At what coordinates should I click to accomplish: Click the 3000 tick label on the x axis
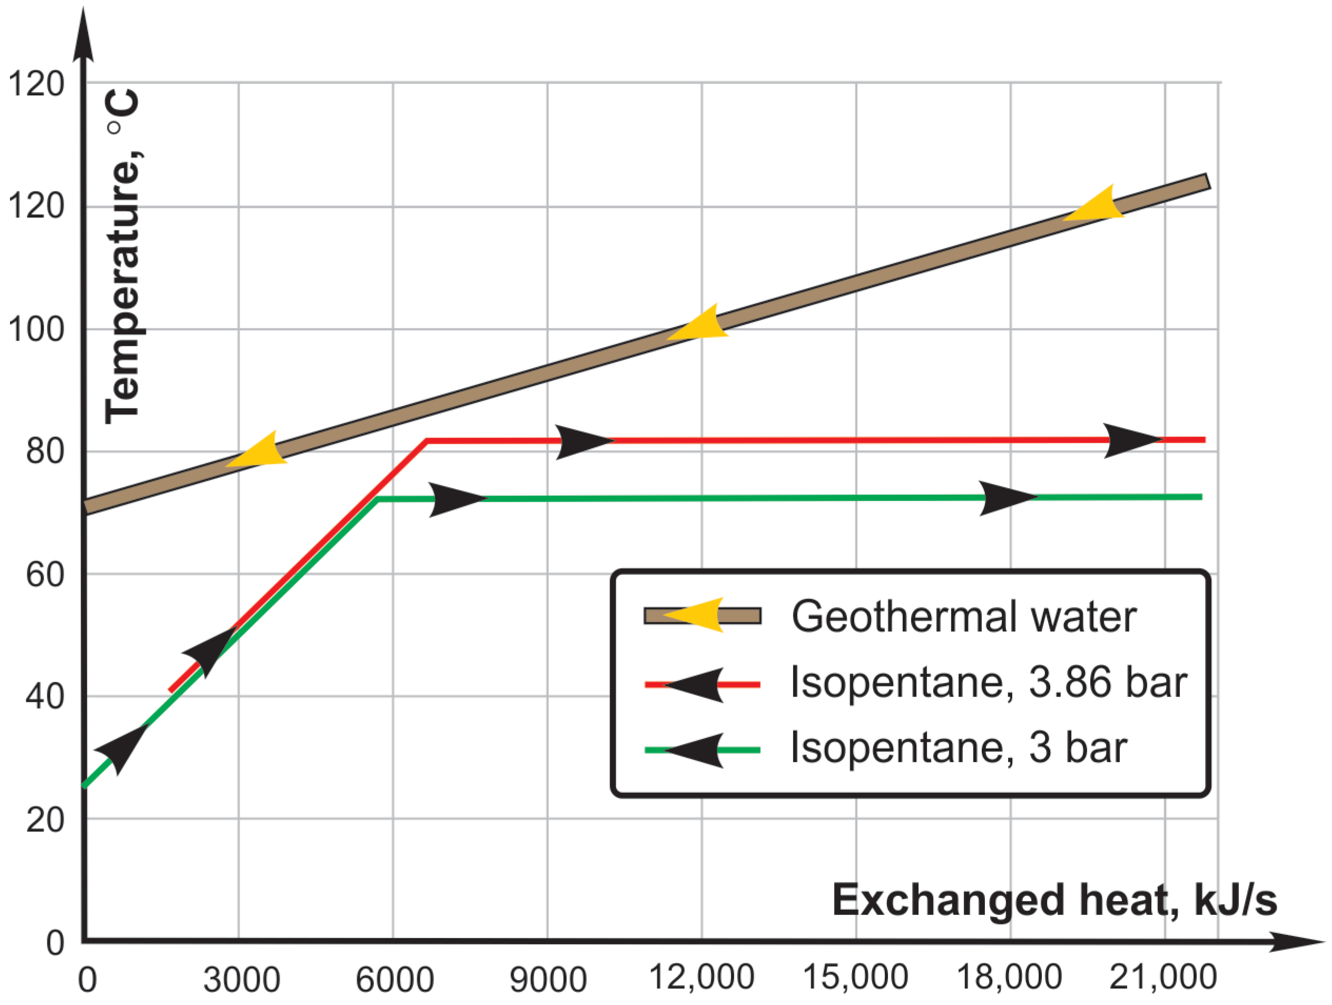pyautogui.click(x=241, y=980)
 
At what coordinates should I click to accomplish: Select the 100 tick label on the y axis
pyautogui.click(x=36, y=329)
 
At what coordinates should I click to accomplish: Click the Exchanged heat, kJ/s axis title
pyautogui.click(x=1054, y=900)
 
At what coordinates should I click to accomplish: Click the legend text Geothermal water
pyautogui.click(x=963, y=616)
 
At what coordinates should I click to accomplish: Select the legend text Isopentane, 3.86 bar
pyautogui.click(x=988, y=682)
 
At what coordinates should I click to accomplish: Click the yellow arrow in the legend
pyautogui.click(x=696, y=615)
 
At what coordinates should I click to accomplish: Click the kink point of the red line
pyautogui.click(x=426, y=441)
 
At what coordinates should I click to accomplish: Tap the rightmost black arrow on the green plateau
pyautogui.click(x=1006, y=498)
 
